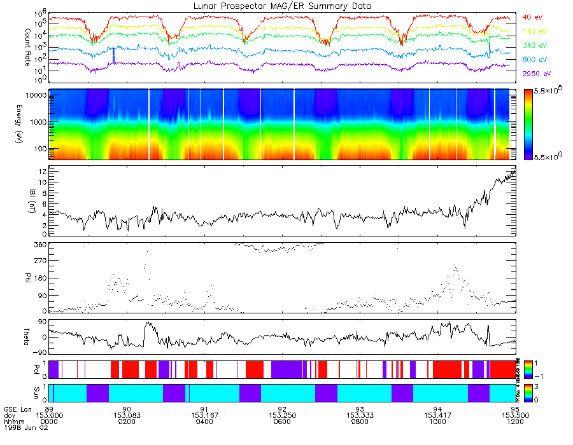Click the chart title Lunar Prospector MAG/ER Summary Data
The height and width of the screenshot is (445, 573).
coord(282,6)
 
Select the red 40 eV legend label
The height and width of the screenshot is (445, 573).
coord(533,17)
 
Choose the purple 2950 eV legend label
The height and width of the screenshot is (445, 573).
coord(537,74)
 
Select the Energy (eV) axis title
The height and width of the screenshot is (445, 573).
coord(10,124)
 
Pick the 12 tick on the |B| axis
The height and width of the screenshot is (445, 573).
coord(41,172)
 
